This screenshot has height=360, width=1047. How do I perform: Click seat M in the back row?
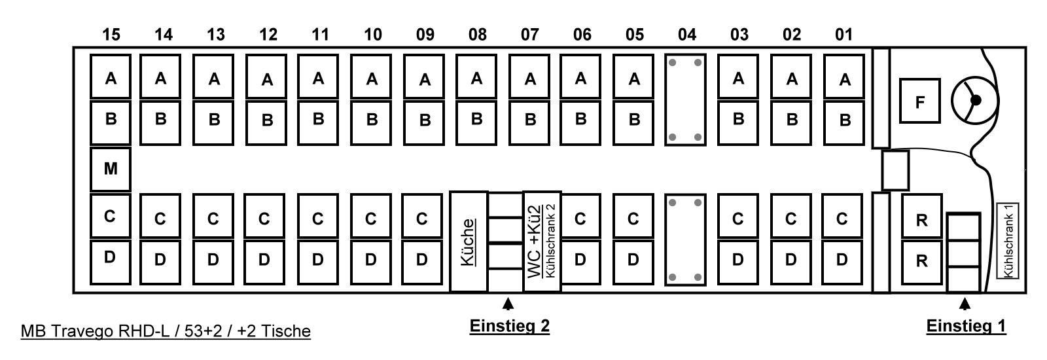(111, 169)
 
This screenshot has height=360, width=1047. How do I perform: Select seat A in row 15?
(111, 78)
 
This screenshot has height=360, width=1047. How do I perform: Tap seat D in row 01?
(842, 260)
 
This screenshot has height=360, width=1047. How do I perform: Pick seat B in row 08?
(476, 120)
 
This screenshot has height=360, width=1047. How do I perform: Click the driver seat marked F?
(919, 101)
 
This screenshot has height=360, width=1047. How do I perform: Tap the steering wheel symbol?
(974, 100)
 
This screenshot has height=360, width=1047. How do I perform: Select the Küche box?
(469, 242)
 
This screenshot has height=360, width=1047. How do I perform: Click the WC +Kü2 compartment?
(542, 242)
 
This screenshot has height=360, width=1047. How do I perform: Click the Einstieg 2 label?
(509, 326)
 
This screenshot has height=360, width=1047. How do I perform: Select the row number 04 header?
(686, 35)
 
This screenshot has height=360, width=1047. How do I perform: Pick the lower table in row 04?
(685, 240)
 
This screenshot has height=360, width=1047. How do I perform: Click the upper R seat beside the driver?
(922, 221)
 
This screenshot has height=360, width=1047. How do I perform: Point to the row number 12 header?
(268, 35)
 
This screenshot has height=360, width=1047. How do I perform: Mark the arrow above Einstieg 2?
(507, 304)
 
